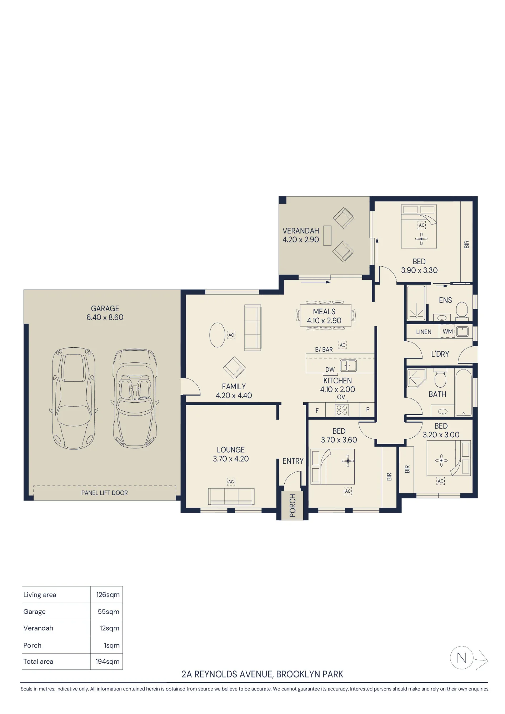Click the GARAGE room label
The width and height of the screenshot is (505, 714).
click(105, 308)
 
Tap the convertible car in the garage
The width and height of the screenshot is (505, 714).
click(135, 398)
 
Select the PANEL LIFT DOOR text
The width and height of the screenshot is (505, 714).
click(104, 493)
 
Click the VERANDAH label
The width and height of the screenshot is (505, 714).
click(301, 231)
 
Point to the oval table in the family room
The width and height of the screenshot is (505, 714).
click(217, 335)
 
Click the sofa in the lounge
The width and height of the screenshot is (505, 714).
click(231, 497)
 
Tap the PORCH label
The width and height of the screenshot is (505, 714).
click(292, 506)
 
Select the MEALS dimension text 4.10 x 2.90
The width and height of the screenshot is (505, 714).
click(324, 321)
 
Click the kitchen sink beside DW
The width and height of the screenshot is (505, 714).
click(348, 366)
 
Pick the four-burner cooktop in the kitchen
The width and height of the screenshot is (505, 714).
click(342, 410)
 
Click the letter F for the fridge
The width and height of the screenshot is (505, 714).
click(317, 411)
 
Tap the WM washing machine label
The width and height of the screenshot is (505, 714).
click(447, 331)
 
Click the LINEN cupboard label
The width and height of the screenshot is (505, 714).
click(424, 332)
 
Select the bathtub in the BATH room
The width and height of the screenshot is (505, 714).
click(464, 393)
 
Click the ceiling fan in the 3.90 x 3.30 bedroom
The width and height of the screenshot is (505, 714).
click(421, 239)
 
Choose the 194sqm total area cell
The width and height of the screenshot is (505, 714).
click(107, 662)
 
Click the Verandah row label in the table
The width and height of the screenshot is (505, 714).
click(38, 628)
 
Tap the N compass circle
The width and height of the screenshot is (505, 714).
click(461, 658)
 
